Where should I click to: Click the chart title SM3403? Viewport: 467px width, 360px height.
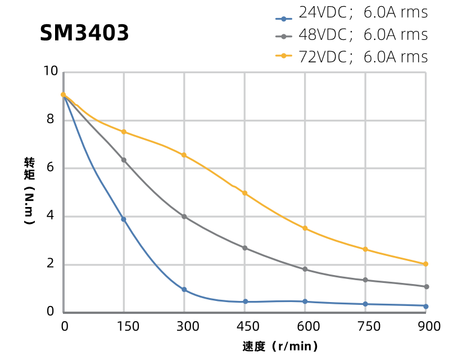click(x=84, y=33)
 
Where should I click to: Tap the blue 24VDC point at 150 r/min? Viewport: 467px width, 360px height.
click(x=124, y=219)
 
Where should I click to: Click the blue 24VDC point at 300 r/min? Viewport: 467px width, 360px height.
click(x=184, y=290)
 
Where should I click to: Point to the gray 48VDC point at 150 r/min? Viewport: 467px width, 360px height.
click(x=124, y=160)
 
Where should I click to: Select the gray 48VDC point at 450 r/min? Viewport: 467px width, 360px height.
click(x=245, y=248)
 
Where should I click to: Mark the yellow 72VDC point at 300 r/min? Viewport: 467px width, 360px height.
click(x=184, y=155)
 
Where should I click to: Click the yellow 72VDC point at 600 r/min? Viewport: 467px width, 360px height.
click(x=305, y=228)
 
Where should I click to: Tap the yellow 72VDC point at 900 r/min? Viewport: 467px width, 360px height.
click(x=426, y=264)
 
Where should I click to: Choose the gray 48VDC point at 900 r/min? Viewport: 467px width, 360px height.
click(x=427, y=287)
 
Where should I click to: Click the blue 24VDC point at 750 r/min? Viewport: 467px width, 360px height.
click(x=365, y=304)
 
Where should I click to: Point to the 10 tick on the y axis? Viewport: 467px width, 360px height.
click(x=51, y=71)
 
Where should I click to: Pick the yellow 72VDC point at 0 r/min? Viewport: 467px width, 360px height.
click(x=64, y=94)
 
